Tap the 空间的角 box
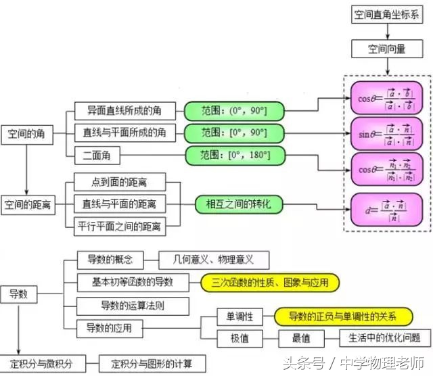(26, 134)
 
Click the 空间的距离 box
(28, 203)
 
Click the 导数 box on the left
(18, 294)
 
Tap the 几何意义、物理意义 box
(213, 260)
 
